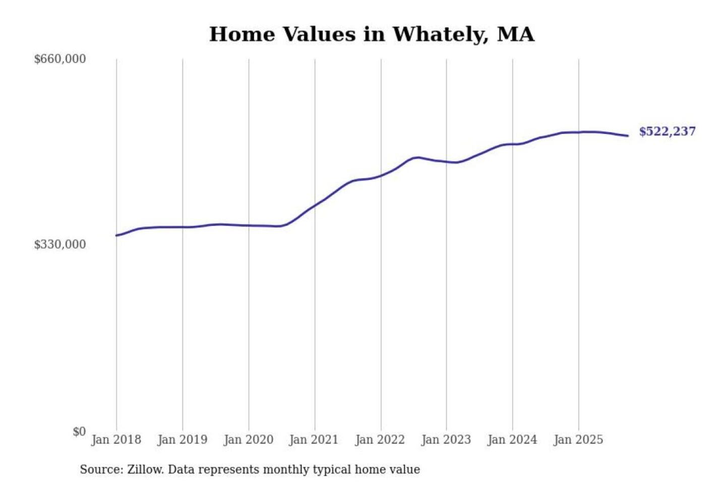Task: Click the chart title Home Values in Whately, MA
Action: pos(372,34)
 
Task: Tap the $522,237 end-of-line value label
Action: pos(667,132)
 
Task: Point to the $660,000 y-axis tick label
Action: pos(59,59)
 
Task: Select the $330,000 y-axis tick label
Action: pos(59,245)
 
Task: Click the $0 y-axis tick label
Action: pos(79,432)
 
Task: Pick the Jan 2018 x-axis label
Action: pos(116,440)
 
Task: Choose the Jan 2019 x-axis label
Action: pos(182,440)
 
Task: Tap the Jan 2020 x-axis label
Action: pos(248,440)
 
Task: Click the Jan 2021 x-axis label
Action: pos(314,440)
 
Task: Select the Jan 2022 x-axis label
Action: pos(380,440)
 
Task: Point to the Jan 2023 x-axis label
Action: pos(446,440)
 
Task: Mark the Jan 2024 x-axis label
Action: pos(512,440)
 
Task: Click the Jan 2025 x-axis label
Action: pos(578,440)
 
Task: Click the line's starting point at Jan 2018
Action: pos(116,235)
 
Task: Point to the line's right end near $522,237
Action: pos(628,136)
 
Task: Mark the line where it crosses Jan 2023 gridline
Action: pos(446,161)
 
